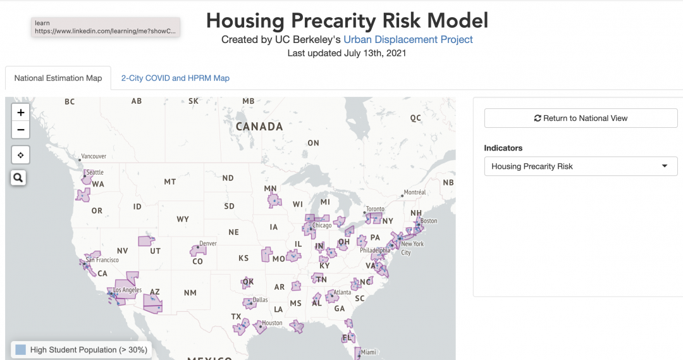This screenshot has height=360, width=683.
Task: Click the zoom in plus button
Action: click(21, 113)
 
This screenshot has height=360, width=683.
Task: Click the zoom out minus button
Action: click(21, 130)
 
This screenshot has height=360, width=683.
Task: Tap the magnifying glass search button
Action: click(18, 178)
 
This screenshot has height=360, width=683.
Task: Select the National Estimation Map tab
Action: click(58, 78)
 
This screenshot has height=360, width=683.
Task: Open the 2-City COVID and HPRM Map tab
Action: click(175, 78)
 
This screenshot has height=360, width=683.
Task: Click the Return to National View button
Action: click(581, 118)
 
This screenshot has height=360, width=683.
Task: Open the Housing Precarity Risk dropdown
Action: click(581, 166)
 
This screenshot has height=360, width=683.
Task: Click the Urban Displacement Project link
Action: click(408, 40)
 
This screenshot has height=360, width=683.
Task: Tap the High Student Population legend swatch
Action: click(21, 350)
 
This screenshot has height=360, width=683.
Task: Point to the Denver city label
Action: click(208, 244)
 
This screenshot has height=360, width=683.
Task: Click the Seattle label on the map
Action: click(95, 172)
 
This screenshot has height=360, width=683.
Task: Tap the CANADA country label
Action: click(259, 127)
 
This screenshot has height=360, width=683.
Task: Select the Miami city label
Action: click(369, 352)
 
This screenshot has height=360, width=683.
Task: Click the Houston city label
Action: click(272, 323)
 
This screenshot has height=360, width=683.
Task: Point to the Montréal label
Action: click(415, 192)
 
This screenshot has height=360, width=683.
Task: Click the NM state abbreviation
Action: click(190, 293)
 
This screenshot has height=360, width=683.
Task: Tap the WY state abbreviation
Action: click(183, 220)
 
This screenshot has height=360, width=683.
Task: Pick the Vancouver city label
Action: click(94, 156)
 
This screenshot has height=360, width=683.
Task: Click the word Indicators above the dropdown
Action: click(503, 148)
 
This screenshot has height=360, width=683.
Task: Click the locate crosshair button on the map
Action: click(21, 154)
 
